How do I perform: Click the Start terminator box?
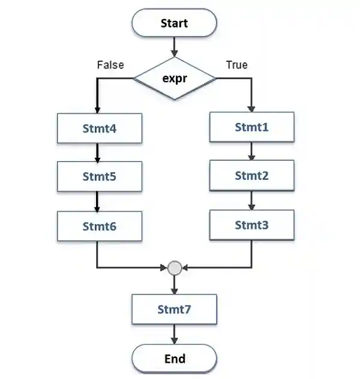point(174,23)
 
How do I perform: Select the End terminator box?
point(174,359)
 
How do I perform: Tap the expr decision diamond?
point(174,78)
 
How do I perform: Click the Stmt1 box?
point(251,127)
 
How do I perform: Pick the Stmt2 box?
point(251,176)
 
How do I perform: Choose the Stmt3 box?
point(251,225)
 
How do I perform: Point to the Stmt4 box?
point(100,128)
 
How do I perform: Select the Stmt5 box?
point(100,177)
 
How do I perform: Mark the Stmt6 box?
point(100,226)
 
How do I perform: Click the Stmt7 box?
point(174,309)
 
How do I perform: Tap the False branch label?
point(110,65)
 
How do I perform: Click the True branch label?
point(236,65)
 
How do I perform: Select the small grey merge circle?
point(175,267)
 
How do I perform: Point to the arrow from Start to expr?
point(174,47)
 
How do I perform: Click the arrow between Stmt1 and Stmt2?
point(251,151)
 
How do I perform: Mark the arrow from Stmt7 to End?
point(174,334)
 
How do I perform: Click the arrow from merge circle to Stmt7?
point(174,285)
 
